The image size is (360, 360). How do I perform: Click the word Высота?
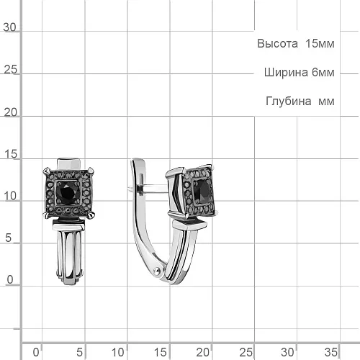coord(277,44)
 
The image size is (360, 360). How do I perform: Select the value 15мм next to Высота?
coord(320,44)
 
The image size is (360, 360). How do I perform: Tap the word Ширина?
coord(286,73)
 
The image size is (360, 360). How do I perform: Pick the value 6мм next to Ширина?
coord(323,73)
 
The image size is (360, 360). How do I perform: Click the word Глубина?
coord(289,101)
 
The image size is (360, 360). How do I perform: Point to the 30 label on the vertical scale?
coord(9,27)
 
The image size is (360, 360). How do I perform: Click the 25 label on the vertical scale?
coord(10,70)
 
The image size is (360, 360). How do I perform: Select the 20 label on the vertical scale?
coord(10,112)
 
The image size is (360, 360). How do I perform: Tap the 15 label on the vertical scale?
coord(11,154)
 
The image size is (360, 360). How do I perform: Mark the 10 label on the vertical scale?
coord(10,196)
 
